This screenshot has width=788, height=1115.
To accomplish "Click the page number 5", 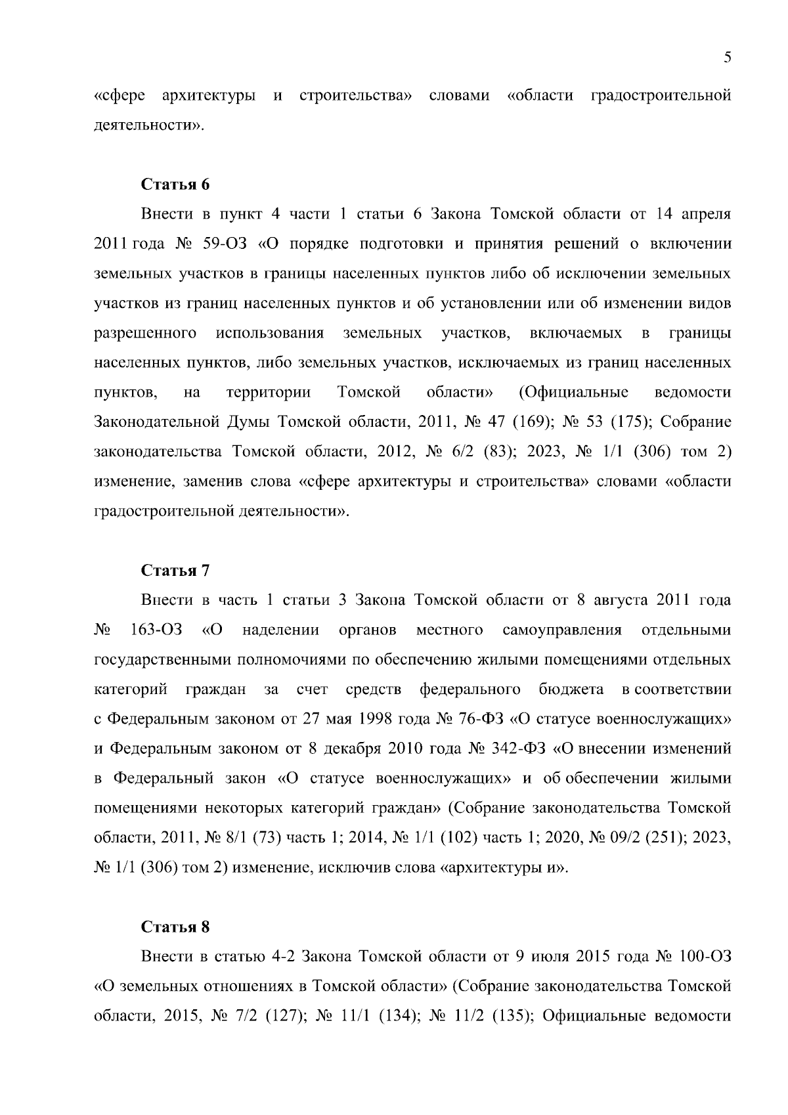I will click(727, 57).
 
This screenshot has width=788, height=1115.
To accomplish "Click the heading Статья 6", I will click(175, 185).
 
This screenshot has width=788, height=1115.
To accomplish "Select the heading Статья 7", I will click(175, 571).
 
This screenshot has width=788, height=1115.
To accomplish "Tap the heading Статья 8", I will click(175, 927).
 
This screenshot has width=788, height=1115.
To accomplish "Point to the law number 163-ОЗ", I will click(156, 630).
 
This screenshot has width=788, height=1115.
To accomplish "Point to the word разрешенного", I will click(146, 334).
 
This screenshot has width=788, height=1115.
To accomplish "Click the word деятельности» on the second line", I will click(150, 125).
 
